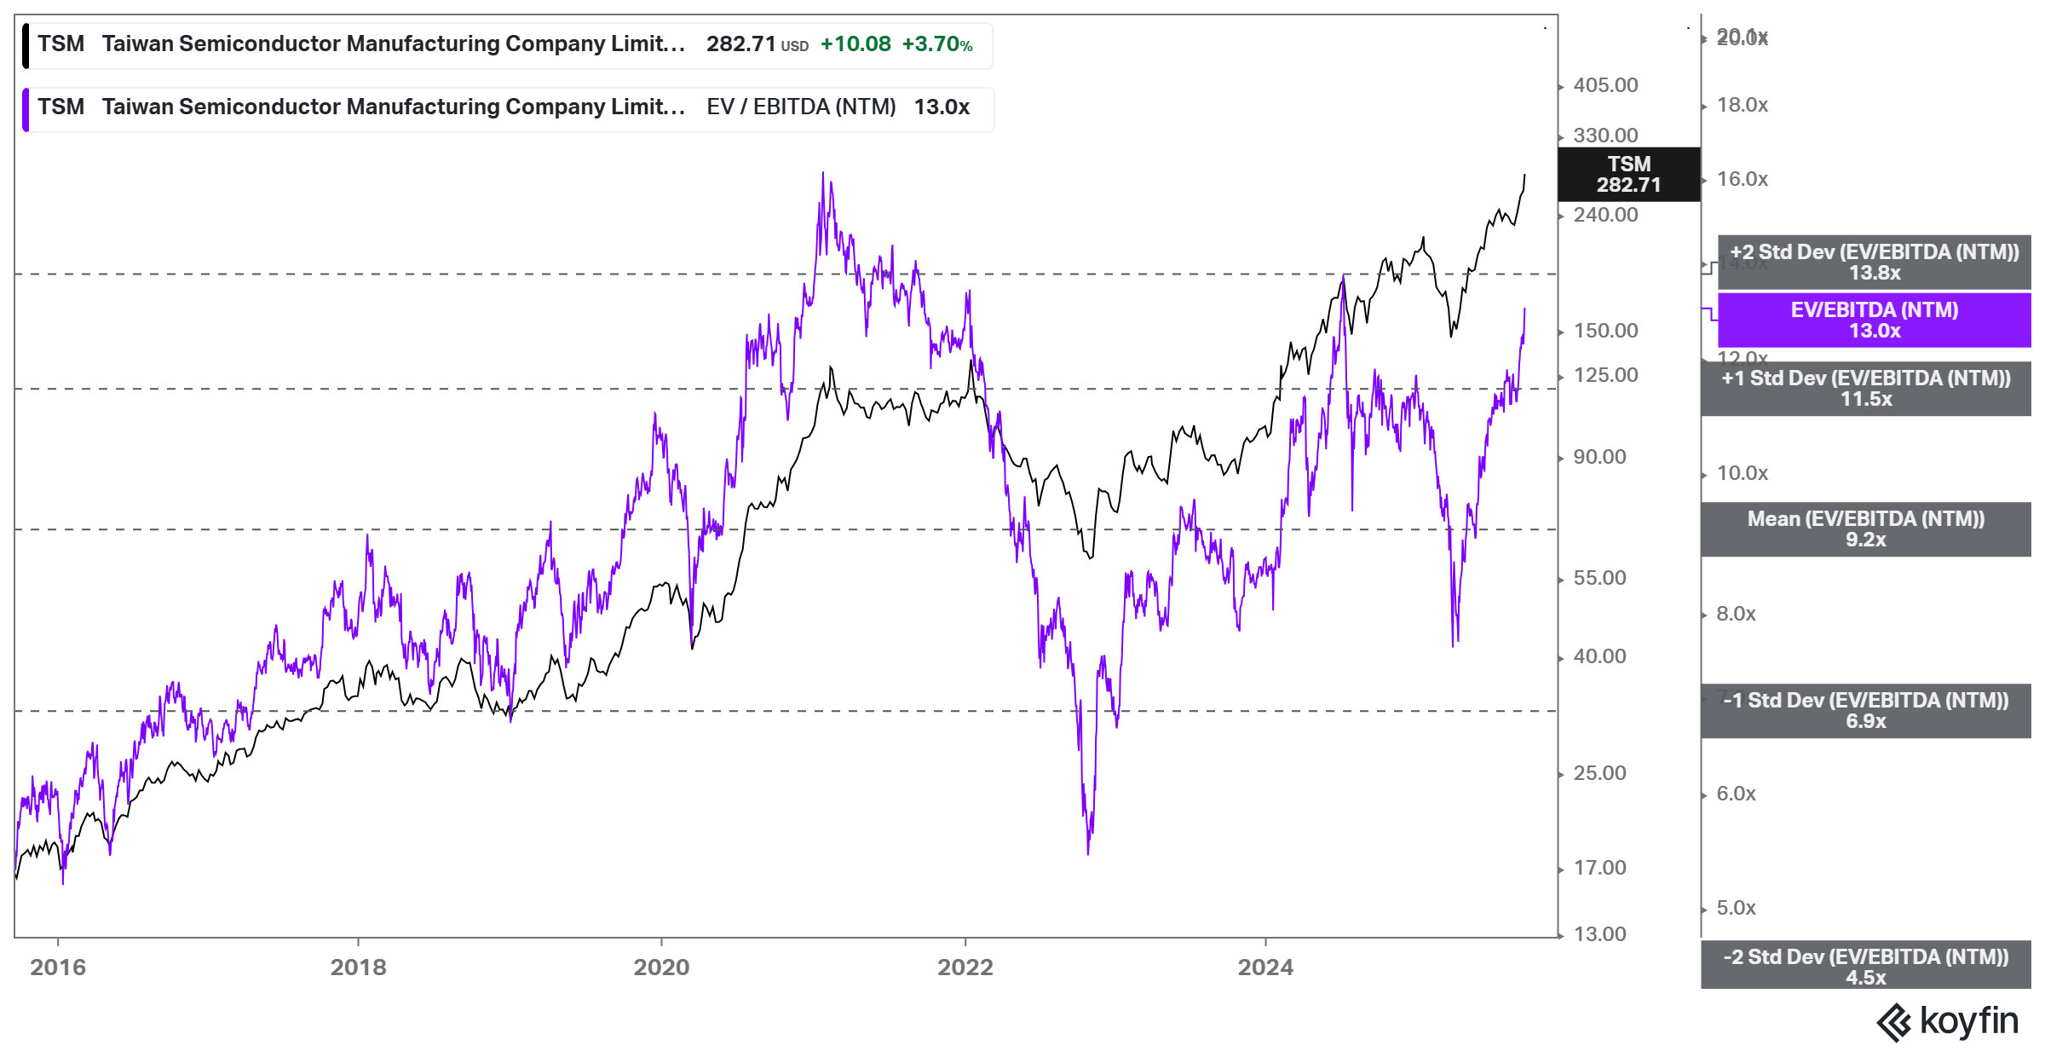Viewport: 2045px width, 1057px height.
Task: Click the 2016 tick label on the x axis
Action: point(58,967)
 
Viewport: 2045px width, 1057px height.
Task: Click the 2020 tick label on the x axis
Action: point(661,967)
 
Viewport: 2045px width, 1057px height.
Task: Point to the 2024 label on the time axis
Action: point(1265,967)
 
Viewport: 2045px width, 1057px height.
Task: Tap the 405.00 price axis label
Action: point(1605,85)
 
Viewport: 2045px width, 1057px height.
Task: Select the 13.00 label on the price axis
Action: point(1599,934)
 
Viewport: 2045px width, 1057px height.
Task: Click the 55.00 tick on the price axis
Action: point(1599,578)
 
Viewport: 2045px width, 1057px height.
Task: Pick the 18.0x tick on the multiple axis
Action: point(1742,105)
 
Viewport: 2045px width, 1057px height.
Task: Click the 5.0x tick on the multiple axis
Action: point(1736,908)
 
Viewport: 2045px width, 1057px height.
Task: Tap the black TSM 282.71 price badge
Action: point(1628,175)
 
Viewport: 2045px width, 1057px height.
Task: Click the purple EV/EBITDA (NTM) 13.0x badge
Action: point(1874,321)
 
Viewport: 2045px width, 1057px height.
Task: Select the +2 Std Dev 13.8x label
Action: point(1874,263)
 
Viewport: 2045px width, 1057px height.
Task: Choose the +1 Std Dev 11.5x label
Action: point(1866,389)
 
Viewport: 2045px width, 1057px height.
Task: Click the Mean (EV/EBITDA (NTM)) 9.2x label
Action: point(1866,529)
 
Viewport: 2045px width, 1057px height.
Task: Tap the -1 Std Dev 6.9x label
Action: point(1866,711)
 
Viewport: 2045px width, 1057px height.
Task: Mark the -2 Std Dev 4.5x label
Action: point(1866,967)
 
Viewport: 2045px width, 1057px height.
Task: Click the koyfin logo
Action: point(1948,1021)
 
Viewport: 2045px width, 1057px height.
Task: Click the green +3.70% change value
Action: point(937,44)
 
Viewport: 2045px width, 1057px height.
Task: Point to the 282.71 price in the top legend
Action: point(740,44)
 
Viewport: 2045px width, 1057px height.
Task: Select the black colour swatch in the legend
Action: point(26,45)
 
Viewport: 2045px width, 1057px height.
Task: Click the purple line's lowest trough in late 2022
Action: point(1088,851)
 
